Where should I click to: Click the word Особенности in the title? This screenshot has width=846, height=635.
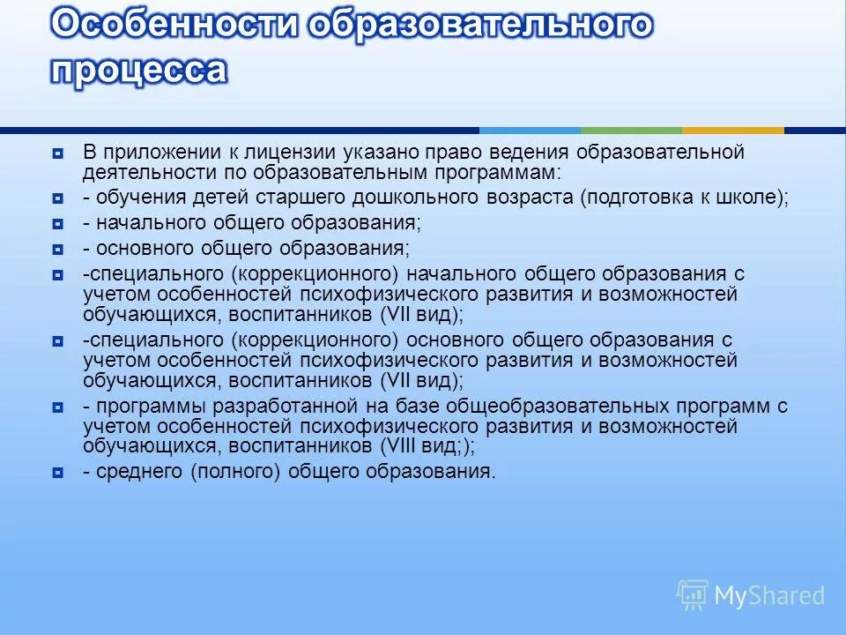pos(174,25)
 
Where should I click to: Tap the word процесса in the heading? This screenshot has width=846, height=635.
pos(138,70)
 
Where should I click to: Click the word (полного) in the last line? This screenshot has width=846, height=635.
pos(234,472)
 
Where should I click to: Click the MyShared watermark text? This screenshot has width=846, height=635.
pos(768,595)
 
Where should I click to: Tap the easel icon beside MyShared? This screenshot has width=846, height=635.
pos(692,595)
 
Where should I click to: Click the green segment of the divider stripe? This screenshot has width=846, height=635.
pos(631,131)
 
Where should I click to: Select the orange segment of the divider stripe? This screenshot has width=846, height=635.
pos(732,131)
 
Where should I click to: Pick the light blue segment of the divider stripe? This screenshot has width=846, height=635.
pos(530,131)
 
